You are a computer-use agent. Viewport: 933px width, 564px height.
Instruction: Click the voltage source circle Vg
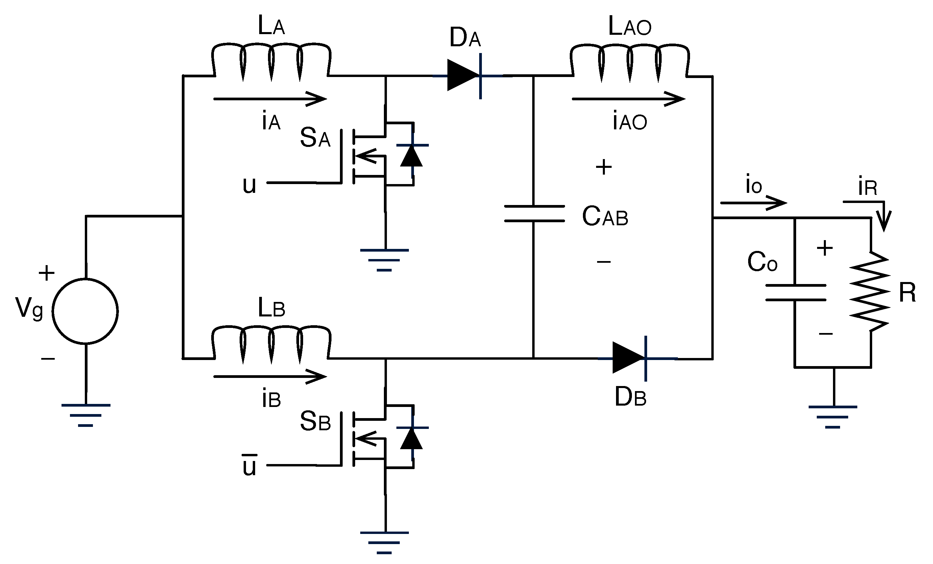pyautogui.click(x=85, y=311)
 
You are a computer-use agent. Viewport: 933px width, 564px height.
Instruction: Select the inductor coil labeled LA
pyautogui.click(x=271, y=60)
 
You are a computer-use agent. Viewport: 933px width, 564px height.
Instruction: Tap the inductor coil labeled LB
pyautogui.click(x=271, y=343)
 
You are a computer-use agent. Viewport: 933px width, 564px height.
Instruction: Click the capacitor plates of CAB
pyautogui.click(x=534, y=213)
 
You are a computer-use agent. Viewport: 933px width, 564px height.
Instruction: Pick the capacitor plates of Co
pyautogui.click(x=795, y=292)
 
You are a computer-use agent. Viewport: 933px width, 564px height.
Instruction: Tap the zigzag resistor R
pyautogui.click(x=870, y=291)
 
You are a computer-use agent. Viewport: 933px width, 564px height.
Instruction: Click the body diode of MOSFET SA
pyautogui.click(x=412, y=155)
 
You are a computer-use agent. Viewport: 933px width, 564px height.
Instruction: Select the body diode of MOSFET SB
pyautogui.click(x=412, y=438)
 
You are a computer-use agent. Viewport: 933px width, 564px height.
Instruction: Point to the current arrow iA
pyautogui.click(x=270, y=99)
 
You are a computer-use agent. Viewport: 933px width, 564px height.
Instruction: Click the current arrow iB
pyautogui.click(x=270, y=377)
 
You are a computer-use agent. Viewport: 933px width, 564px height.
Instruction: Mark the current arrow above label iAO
pyautogui.click(x=628, y=99)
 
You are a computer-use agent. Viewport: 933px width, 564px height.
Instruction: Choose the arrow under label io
pyautogui.click(x=754, y=203)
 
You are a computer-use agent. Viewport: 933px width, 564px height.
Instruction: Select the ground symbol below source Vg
pyautogui.click(x=86, y=415)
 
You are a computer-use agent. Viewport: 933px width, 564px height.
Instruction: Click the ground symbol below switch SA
pyautogui.click(x=385, y=260)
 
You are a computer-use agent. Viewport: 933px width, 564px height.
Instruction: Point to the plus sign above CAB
pyautogui.click(x=604, y=167)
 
